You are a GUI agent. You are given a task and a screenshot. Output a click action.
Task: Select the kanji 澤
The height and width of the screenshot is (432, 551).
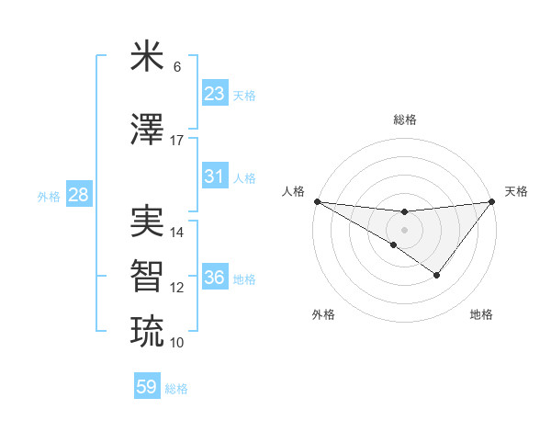click(147, 131)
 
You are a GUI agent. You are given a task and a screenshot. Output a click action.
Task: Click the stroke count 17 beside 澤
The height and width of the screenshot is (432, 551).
click(177, 141)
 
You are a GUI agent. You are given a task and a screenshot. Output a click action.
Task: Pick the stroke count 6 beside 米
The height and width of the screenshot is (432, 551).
click(177, 67)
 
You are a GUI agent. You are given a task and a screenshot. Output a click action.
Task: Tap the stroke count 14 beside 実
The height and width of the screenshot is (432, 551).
click(177, 233)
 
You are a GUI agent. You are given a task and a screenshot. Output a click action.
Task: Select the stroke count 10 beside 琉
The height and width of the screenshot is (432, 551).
click(177, 342)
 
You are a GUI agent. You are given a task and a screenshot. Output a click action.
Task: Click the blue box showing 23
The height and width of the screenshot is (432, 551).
click(215, 94)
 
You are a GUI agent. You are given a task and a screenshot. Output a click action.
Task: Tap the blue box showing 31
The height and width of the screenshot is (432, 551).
click(215, 176)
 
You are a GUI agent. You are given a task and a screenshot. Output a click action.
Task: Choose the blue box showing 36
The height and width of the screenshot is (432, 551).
click(215, 278)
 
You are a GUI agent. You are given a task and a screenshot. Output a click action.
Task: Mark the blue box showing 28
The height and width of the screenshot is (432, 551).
click(78, 195)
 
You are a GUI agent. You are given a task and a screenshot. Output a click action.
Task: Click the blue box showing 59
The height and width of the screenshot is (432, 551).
click(147, 387)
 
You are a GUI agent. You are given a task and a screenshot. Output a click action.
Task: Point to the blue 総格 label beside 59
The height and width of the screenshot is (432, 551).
click(177, 389)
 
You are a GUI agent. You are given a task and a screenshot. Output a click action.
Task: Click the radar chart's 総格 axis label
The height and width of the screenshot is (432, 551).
click(404, 119)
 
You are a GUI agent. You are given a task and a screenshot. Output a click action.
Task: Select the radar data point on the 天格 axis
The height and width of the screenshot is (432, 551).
click(492, 202)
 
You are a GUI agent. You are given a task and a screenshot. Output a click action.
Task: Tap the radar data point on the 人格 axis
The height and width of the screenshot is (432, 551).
click(317, 201)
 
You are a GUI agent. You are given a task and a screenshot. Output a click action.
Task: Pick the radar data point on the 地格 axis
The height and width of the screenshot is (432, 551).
click(437, 275)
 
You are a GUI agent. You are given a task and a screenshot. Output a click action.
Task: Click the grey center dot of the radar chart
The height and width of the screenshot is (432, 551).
click(404, 229)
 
